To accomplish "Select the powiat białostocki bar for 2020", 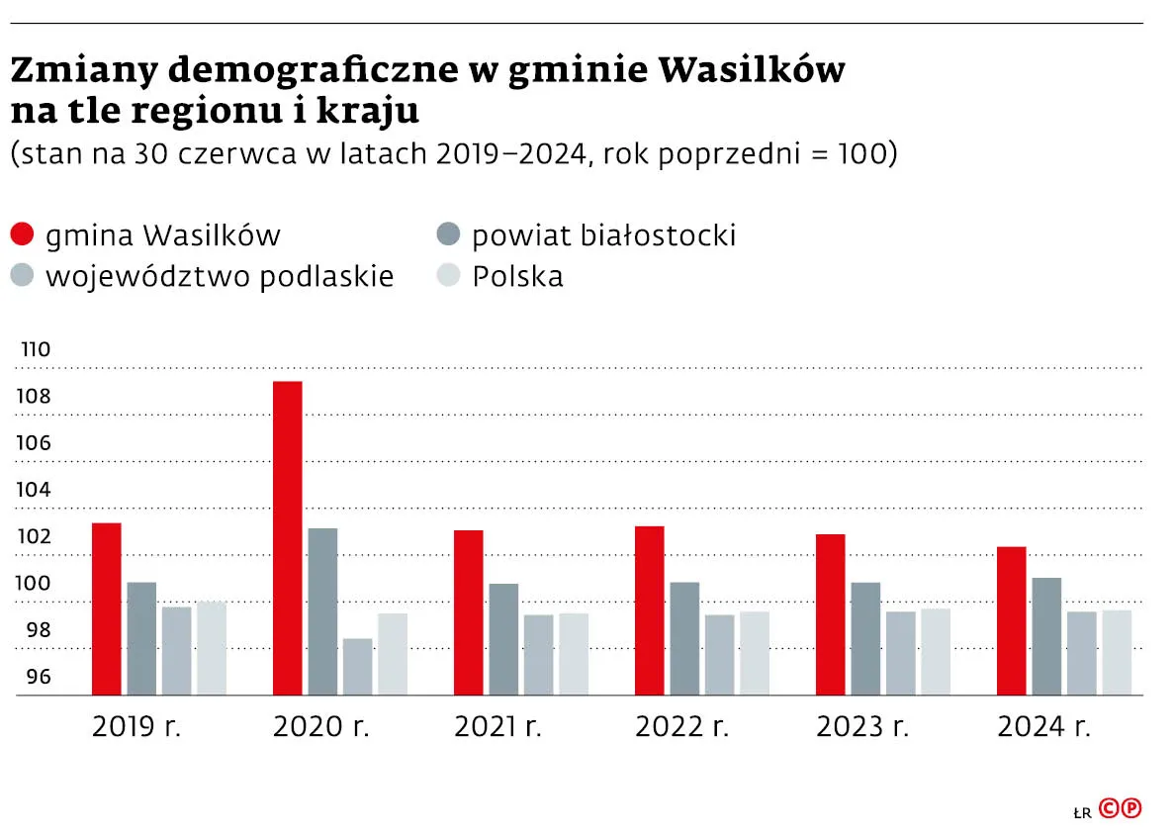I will tap(322, 610).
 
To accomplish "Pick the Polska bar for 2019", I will tap(212, 647).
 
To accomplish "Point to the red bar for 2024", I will tap(1012, 620).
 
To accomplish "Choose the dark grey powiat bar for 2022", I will tap(684, 638).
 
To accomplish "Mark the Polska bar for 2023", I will tap(936, 651).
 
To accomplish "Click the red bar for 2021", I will tap(469, 612).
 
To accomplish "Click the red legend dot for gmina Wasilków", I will tap(23, 235).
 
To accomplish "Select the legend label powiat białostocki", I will tap(603, 235).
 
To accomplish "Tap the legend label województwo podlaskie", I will tap(220, 276).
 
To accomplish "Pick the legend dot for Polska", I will tap(449, 276).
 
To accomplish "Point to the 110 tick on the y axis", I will tap(36, 350).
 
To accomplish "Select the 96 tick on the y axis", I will tap(38, 678).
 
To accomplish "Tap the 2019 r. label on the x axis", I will tap(138, 727).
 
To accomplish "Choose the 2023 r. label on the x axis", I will tap(862, 727).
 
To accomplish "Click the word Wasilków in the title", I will tap(752, 71).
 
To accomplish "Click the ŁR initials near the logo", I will tap(1082, 812).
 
